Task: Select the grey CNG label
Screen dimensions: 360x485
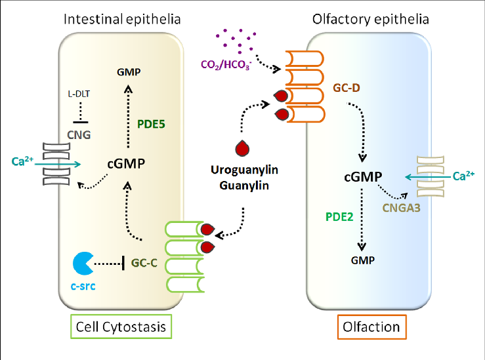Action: [80, 136]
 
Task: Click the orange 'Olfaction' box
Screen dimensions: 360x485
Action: [371, 326]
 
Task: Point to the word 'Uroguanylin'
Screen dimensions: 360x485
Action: [244, 170]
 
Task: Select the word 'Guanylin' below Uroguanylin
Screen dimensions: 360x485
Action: [244, 185]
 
